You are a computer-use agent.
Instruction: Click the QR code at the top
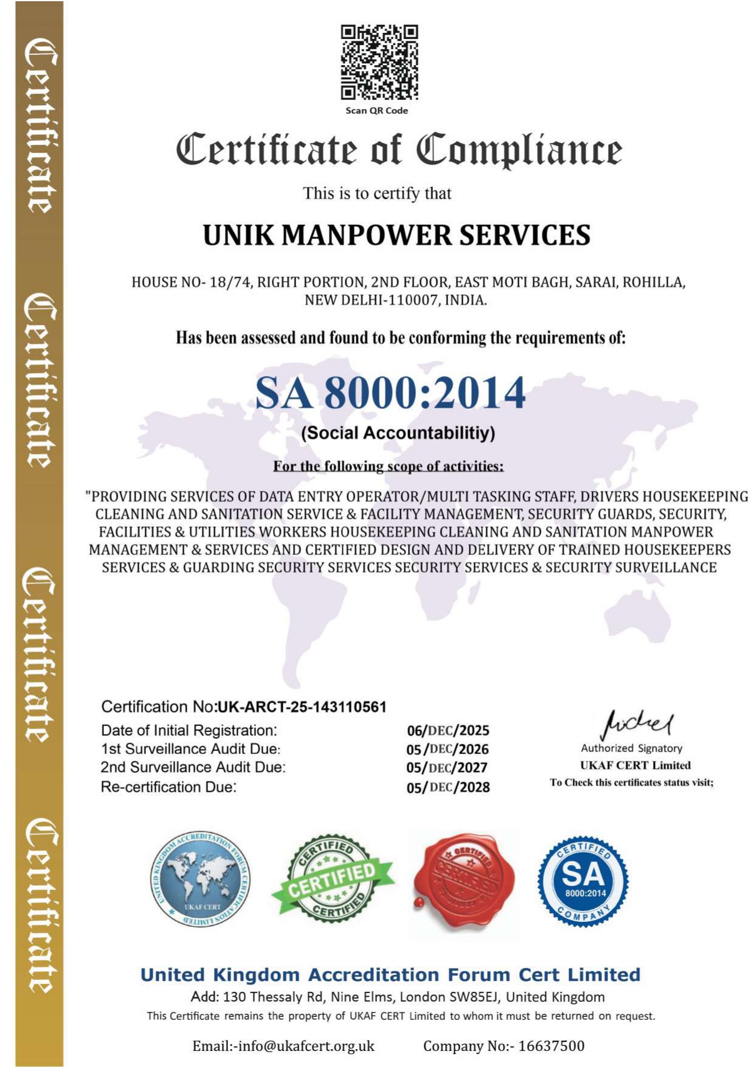[379, 62]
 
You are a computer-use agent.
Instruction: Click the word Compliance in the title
[519, 150]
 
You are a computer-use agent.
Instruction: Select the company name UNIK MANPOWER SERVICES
[396, 236]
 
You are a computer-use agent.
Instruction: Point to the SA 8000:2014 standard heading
[390, 393]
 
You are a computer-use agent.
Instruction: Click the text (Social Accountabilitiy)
[398, 433]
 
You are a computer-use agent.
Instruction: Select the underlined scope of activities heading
[388, 467]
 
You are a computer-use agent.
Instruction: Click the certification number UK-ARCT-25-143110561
[302, 707]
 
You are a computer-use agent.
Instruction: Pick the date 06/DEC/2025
[448, 731]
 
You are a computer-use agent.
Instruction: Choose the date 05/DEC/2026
[448, 749]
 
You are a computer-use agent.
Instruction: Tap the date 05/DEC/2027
[447, 768]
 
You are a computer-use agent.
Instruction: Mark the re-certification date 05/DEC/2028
[448, 787]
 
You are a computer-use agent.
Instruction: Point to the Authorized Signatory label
[631, 749]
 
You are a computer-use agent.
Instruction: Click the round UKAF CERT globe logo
[200, 880]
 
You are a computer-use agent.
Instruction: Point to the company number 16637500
[551, 1046]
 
